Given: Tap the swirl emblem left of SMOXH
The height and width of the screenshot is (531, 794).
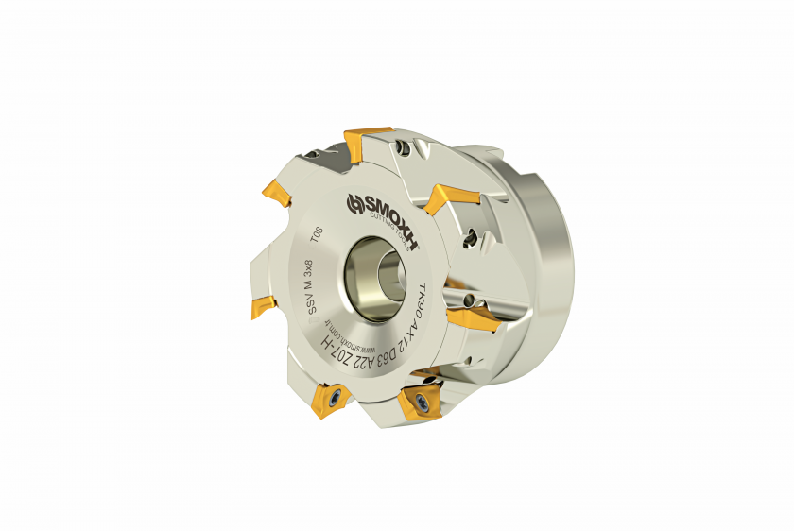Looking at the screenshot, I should click(x=355, y=205).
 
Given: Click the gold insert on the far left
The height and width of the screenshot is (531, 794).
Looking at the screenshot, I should click(x=263, y=306).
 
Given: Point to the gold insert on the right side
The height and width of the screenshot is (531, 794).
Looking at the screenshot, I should click(x=467, y=317).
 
